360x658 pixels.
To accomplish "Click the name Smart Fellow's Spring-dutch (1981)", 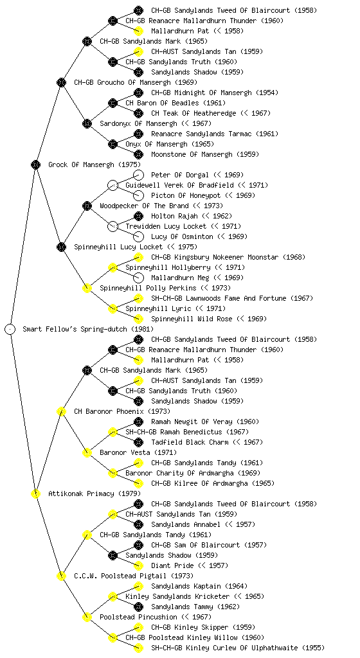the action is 88,329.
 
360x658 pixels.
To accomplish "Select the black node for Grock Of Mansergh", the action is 35,164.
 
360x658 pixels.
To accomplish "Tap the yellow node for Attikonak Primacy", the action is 35,493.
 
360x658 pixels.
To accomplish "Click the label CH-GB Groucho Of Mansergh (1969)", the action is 136,82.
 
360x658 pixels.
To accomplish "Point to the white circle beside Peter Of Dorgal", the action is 138,175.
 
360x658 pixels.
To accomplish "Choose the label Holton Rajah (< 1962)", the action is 192,216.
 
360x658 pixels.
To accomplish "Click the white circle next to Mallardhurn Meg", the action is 138,278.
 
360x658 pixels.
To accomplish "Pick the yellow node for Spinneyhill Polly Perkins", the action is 87,288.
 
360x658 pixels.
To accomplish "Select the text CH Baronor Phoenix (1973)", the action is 122,411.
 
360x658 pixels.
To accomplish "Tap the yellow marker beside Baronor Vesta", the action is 87,452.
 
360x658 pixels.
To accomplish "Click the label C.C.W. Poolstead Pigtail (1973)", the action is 134,576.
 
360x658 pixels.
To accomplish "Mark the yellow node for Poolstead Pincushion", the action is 87,617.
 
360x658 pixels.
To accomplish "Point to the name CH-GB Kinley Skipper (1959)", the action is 203,627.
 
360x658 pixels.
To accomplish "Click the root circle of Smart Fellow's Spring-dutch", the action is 10,329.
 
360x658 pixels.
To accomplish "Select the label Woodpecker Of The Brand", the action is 145,206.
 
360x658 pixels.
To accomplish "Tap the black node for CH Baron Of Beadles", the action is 113,103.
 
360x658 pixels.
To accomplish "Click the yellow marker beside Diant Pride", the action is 138,565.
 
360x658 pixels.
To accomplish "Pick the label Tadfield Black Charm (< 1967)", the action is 207,442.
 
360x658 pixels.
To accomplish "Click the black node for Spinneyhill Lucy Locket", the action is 61,247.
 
